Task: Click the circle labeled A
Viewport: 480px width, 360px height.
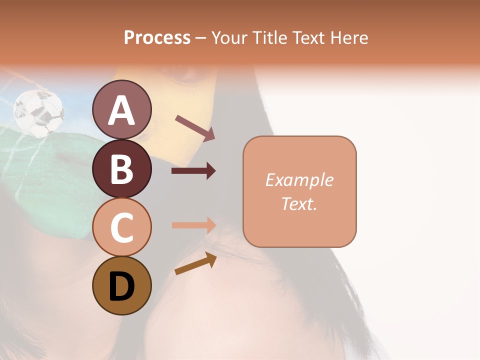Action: [x=121, y=109]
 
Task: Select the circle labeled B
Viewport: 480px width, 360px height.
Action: [x=121, y=168]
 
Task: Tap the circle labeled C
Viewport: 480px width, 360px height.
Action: [x=121, y=227]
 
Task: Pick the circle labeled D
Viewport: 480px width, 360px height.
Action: [x=121, y=285]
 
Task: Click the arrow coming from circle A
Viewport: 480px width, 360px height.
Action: [x=195, y=127]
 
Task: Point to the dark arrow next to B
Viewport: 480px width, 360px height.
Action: [x=193, y=171]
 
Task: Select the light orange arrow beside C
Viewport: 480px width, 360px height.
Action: [x=193, y=224]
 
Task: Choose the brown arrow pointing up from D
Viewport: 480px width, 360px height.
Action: [x=195, y=263]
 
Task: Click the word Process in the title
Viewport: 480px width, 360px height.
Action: [x=157, y=38]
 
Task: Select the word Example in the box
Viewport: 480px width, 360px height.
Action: [x=299, y=180]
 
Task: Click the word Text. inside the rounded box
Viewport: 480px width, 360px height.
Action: [x=299, y=203]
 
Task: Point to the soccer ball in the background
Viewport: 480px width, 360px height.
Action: [x=38, y=112]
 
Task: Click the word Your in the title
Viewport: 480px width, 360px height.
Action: [x=229, y=38]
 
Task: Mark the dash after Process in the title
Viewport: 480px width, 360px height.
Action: [x=200, y=38]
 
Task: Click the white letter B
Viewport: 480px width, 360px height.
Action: [x=121, y=169]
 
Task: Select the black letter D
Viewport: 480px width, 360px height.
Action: [x=121, y=286]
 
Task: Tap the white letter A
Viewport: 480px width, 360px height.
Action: [x=121, y=110]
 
